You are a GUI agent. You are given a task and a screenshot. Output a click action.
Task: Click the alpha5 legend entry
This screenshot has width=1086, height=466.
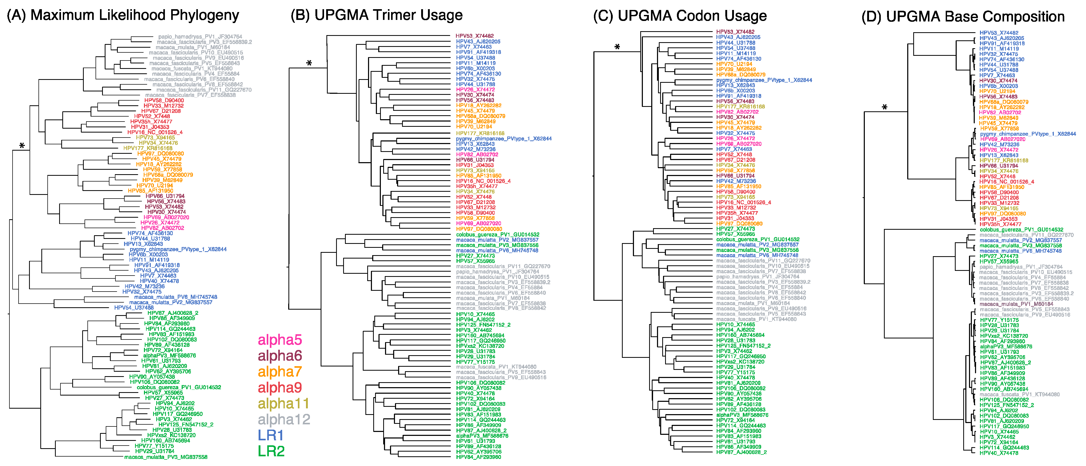(x=280, y=340)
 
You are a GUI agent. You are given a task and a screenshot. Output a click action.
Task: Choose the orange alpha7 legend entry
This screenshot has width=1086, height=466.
(x=280, y=371)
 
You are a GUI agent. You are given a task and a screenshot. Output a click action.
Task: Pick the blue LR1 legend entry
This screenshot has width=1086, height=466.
(x=271, y=435)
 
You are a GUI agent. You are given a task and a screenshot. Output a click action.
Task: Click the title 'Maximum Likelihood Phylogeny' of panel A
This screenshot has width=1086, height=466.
(x=135, y=15)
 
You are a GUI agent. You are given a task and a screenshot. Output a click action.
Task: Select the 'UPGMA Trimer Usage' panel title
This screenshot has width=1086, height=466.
(x=388, y=15)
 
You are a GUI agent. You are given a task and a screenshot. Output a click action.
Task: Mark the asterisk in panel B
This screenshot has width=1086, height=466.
(x=309, y=64)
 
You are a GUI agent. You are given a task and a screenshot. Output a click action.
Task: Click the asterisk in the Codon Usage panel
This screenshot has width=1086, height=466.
(x=617, y=47)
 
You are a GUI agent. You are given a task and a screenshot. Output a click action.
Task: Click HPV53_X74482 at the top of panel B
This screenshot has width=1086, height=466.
(x=474, y=36)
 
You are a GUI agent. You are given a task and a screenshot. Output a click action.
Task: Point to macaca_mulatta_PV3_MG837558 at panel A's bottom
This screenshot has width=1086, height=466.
(x=166, y=457)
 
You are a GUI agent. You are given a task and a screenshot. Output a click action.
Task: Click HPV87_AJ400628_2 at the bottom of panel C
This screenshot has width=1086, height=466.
(x=741, y=452)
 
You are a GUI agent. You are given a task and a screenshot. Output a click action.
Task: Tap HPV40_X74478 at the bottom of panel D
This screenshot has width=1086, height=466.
(x=999, y=453)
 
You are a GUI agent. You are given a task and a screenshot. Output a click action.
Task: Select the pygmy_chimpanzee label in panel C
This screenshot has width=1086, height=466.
(x=764, y=80)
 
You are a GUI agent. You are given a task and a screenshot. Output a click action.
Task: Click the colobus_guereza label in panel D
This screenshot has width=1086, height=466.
(x=1021, y=230)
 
